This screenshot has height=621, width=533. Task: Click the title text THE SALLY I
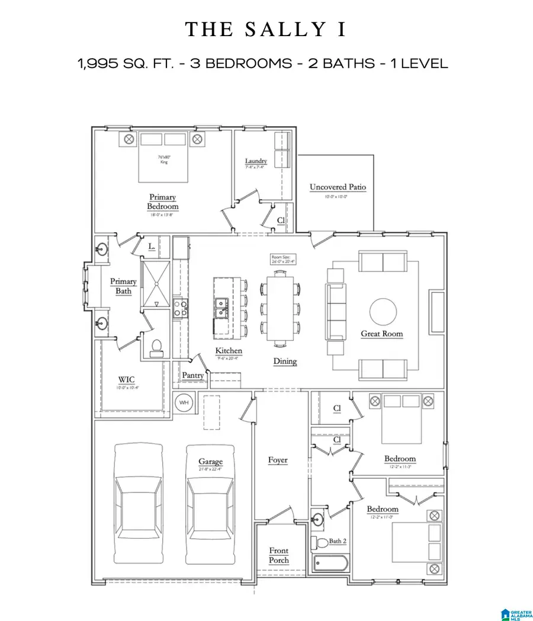[x=266, y=30]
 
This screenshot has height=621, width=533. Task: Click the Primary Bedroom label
[x=162, y=201]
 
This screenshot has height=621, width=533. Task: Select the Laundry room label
[x=256, y=161]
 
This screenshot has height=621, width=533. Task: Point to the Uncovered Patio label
[x=338, y=187]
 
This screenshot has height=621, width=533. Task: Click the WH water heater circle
[x=184, y=403]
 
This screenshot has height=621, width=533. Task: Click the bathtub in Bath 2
[x=330, y=564]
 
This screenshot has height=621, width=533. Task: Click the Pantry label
[x=193, y=375]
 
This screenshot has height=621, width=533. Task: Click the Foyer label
[x=278, y=460]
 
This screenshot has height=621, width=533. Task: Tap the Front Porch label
[x=279, y=555]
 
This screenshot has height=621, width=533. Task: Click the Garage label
[x=210, y=462]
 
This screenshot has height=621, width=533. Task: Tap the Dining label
[x=285, y=361]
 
